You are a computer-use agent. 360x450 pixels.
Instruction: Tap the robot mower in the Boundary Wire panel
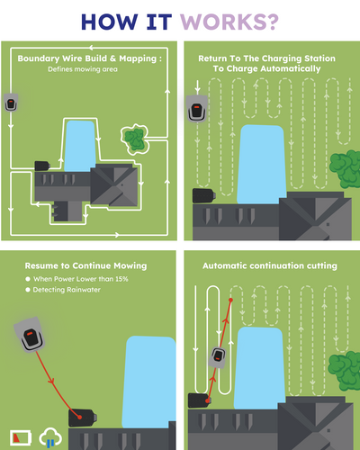(x=12, y=103)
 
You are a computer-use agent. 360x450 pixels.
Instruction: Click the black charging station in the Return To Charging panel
(x=203, y=195)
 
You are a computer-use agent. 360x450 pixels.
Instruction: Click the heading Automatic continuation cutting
(x=269, y=266)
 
